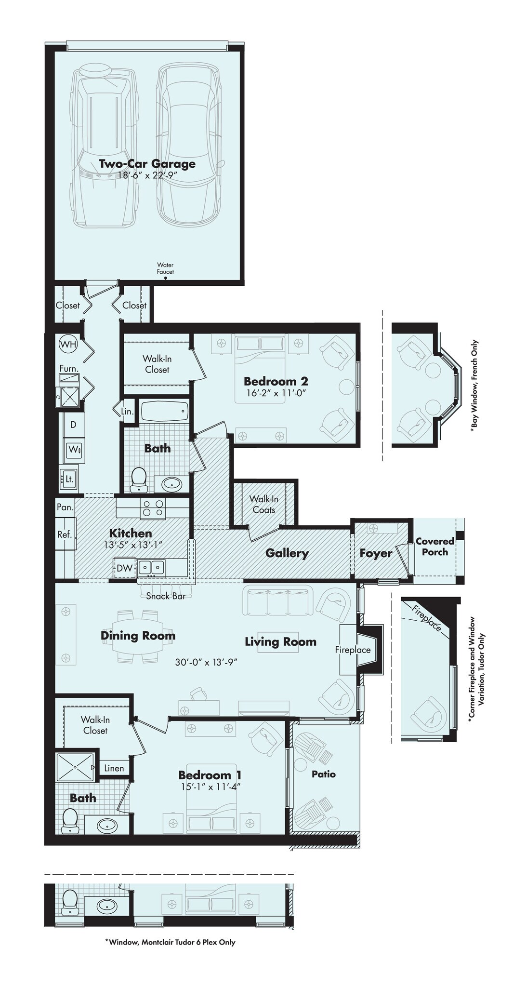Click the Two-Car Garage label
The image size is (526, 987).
147,163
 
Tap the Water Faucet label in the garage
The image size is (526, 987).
165,268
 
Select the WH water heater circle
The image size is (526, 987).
68,344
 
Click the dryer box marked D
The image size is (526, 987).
73,425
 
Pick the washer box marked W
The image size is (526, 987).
74,449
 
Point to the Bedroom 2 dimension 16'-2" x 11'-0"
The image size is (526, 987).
275,393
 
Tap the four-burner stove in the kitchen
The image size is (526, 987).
152,509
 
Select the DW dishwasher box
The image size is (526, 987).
124,568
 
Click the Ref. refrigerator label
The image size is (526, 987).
65,534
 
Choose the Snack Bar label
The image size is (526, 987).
166,596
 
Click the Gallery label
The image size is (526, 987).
287,553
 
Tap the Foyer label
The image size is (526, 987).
376,553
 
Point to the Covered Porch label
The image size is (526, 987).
435,547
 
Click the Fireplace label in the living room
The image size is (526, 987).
353,650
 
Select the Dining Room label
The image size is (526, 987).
138,636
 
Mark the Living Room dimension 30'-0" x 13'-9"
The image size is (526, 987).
206,662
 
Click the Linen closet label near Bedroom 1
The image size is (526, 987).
114,768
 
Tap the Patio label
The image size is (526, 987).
323,774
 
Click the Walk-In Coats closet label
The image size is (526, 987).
263,505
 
